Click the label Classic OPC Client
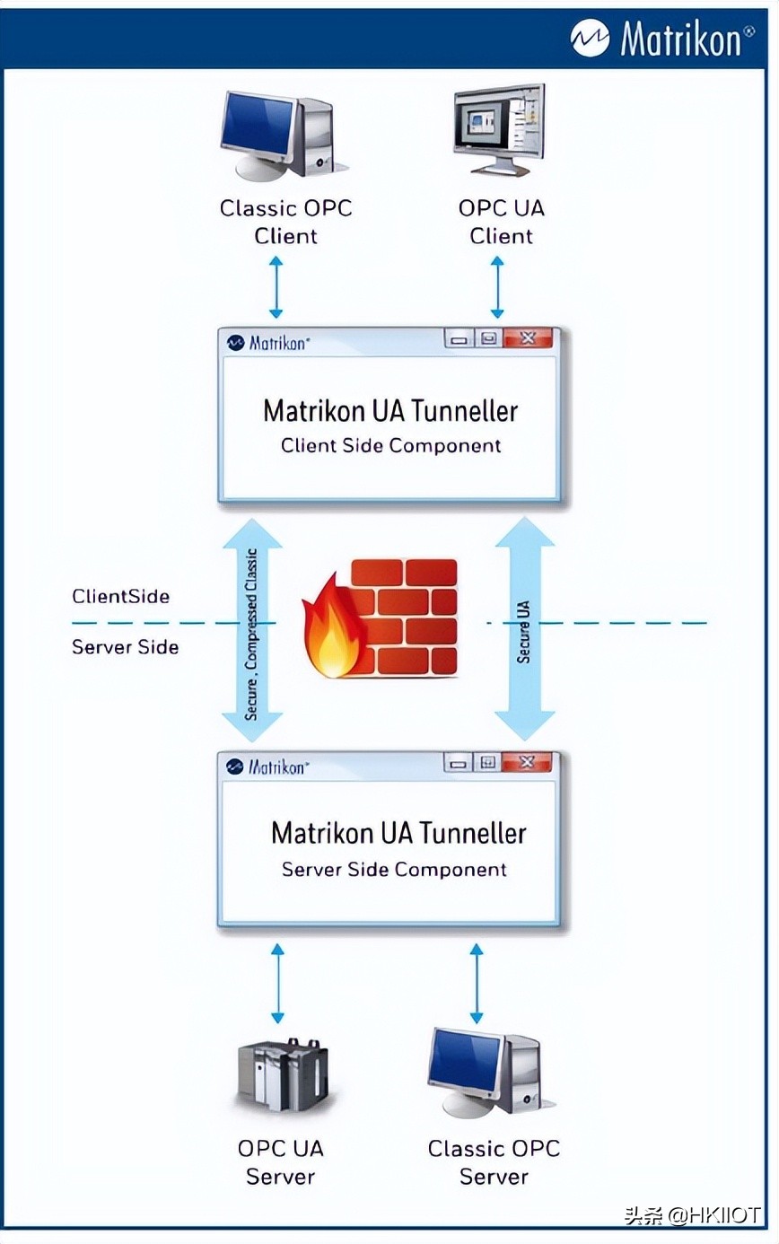[285, 222]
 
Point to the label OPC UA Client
[501, 222]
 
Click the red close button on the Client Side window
[527, 338]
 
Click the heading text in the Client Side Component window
[390, 411]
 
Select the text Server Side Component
[394, 870]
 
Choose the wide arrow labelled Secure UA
[525, 628]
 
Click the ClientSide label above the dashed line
[121, 596]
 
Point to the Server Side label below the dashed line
[126, 647]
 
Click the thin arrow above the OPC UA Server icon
[278, 983]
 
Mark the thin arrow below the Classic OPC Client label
[276, 287]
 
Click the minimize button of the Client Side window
[460, 339]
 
